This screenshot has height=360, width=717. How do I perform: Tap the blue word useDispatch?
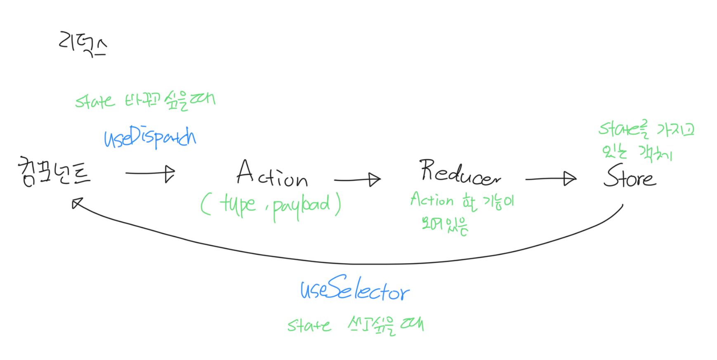tap(150, 137)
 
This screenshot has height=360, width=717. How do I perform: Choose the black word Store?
tap(629, 176)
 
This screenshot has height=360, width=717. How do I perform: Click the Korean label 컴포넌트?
tap(54, 172)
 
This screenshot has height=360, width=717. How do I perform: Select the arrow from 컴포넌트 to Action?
tap(151, 173)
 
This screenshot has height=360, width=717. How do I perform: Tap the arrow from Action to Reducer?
tap(357, 180)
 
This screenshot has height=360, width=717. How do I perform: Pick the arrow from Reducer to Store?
tap(551, 179)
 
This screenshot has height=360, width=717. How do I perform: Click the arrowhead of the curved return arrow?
tap(77, 203)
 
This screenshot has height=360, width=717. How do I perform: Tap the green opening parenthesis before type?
tap(205, 205)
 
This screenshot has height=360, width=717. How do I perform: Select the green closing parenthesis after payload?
tap(338, 204)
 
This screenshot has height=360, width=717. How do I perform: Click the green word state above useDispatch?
tap(95, 101)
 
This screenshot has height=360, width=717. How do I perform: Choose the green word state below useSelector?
tap(309, 326)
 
